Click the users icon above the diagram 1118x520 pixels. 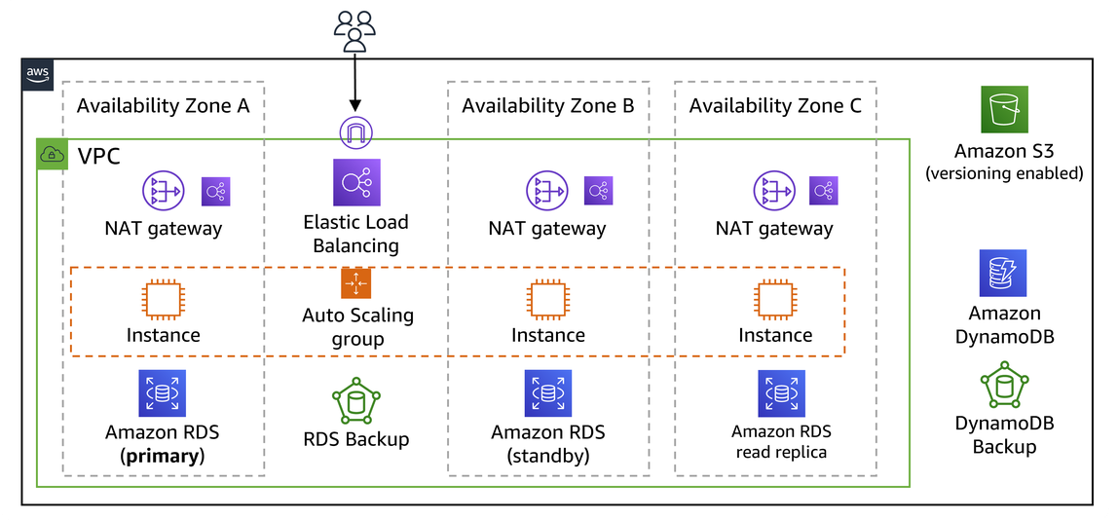pos(354,30)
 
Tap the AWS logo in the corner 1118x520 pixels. pos(37,74)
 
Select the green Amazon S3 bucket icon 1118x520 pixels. pos(1003,110)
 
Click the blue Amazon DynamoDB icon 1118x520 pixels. pos(1003,274)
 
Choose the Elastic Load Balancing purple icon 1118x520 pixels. pos(355,183)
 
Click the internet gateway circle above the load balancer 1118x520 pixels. pos(355,131)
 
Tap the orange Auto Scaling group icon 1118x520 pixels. pos(355,282)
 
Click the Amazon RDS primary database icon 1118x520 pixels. pos(162,393)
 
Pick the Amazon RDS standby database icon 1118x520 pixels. pos(547,393)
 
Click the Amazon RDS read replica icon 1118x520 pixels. pos(781,393)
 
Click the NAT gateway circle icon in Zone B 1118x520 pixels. pos(547,192)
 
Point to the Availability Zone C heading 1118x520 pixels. pos(775,106)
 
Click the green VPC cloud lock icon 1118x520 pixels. pos(52,154)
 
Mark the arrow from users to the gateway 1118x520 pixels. pos(355,83)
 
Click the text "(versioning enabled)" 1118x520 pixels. pos(1003,173)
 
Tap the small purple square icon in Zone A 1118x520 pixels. pos(215,192)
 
